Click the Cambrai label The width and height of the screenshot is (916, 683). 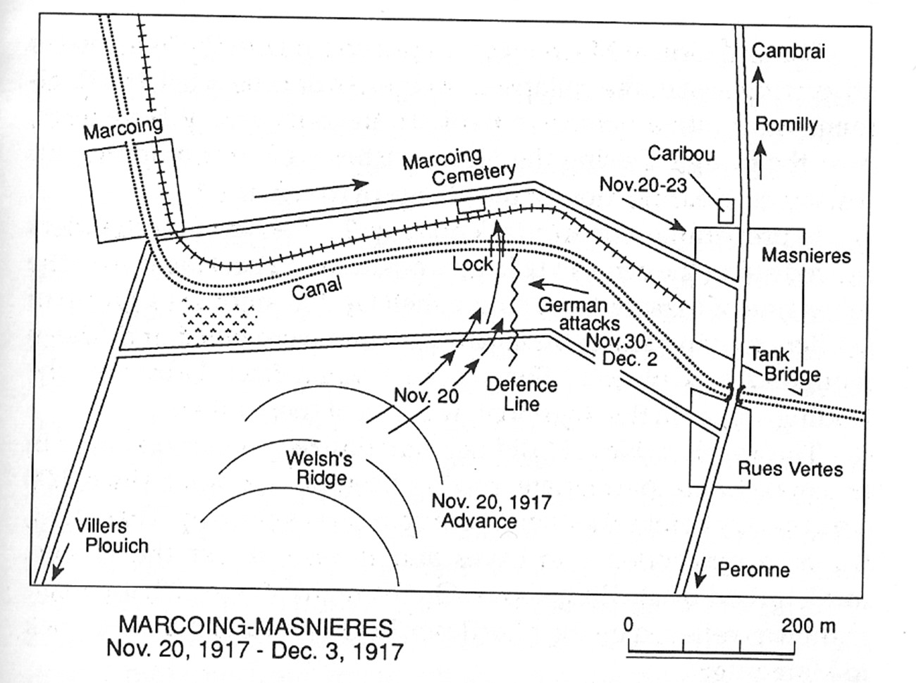788,51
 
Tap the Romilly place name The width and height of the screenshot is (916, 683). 786,124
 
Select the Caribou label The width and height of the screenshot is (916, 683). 681,153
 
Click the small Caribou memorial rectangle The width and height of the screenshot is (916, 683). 726,211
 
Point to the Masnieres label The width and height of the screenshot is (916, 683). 806,255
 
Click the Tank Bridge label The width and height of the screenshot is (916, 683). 784,365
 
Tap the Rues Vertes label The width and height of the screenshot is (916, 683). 791,469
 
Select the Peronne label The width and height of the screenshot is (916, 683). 754,570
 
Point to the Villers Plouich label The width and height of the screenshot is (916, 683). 112,536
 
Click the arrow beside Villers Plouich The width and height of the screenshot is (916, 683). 59,568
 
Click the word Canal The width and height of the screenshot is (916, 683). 317,288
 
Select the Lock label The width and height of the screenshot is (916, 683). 473,264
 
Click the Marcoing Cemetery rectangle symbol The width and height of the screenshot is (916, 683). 471,205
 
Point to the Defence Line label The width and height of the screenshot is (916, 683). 521,394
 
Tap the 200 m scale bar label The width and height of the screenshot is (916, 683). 808,626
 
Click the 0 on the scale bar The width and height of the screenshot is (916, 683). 629,625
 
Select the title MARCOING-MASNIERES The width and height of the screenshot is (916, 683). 256,627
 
